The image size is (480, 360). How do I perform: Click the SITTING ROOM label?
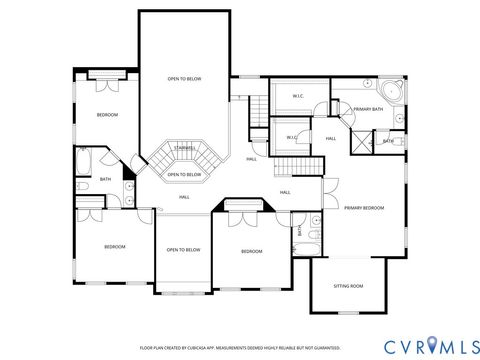tap(349, 285)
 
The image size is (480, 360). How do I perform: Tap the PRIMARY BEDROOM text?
tap(364, 208)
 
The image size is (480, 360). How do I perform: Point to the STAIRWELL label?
tap(183, 148)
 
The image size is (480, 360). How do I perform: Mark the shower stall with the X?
tap(360, 140)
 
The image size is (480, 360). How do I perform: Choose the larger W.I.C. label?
tap(299, 96)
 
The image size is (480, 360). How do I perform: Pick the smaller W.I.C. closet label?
tap(291, 137)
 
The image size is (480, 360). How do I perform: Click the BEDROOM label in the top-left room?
tap(107, 115)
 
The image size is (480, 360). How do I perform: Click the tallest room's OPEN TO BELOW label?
tap(184, 78)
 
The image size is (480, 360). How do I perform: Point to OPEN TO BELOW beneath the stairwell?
tap(184, 174)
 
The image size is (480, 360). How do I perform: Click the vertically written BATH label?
tap(299, 230)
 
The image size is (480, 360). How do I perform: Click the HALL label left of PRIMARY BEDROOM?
tap(285, 192)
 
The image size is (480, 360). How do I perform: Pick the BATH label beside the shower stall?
tap(388, 141)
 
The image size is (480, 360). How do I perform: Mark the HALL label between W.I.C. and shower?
tap(330, 138)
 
